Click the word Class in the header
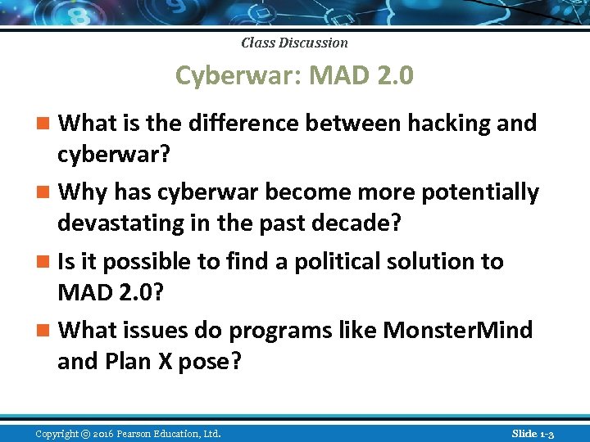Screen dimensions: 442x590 257,43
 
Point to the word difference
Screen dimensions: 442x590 238,123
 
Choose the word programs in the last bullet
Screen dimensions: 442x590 275,331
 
